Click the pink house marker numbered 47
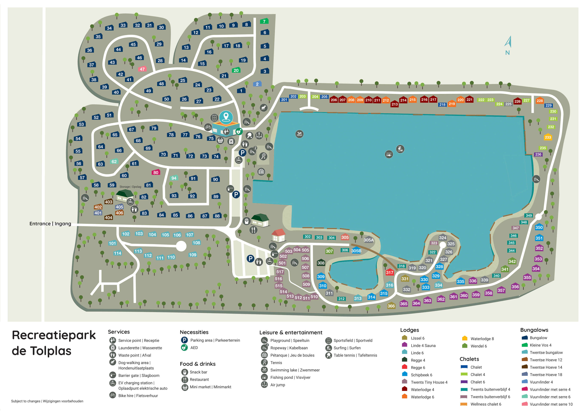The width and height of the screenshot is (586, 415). (142, 69)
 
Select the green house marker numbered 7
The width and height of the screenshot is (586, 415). (264, 21)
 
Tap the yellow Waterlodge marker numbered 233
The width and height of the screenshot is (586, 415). (548, 137)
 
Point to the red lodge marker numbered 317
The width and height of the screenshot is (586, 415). (390, 272)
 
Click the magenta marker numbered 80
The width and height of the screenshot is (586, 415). (156, 172)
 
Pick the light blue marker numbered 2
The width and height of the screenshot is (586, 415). (257, 84)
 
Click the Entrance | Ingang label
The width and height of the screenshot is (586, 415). (50, 224)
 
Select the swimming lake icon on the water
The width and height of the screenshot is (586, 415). (299, 134)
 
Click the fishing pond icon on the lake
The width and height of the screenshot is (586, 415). (389, 154)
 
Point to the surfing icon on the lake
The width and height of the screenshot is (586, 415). (400, 149)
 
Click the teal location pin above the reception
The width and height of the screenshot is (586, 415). (226, 117)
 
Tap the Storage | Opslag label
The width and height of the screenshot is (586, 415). (130, 187)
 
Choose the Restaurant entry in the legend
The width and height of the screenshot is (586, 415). (199, 380)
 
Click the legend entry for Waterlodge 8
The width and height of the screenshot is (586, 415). (482, 339)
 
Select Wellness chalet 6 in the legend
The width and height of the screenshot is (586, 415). (485, 404)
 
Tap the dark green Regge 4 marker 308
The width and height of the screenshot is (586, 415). (321, 263)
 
